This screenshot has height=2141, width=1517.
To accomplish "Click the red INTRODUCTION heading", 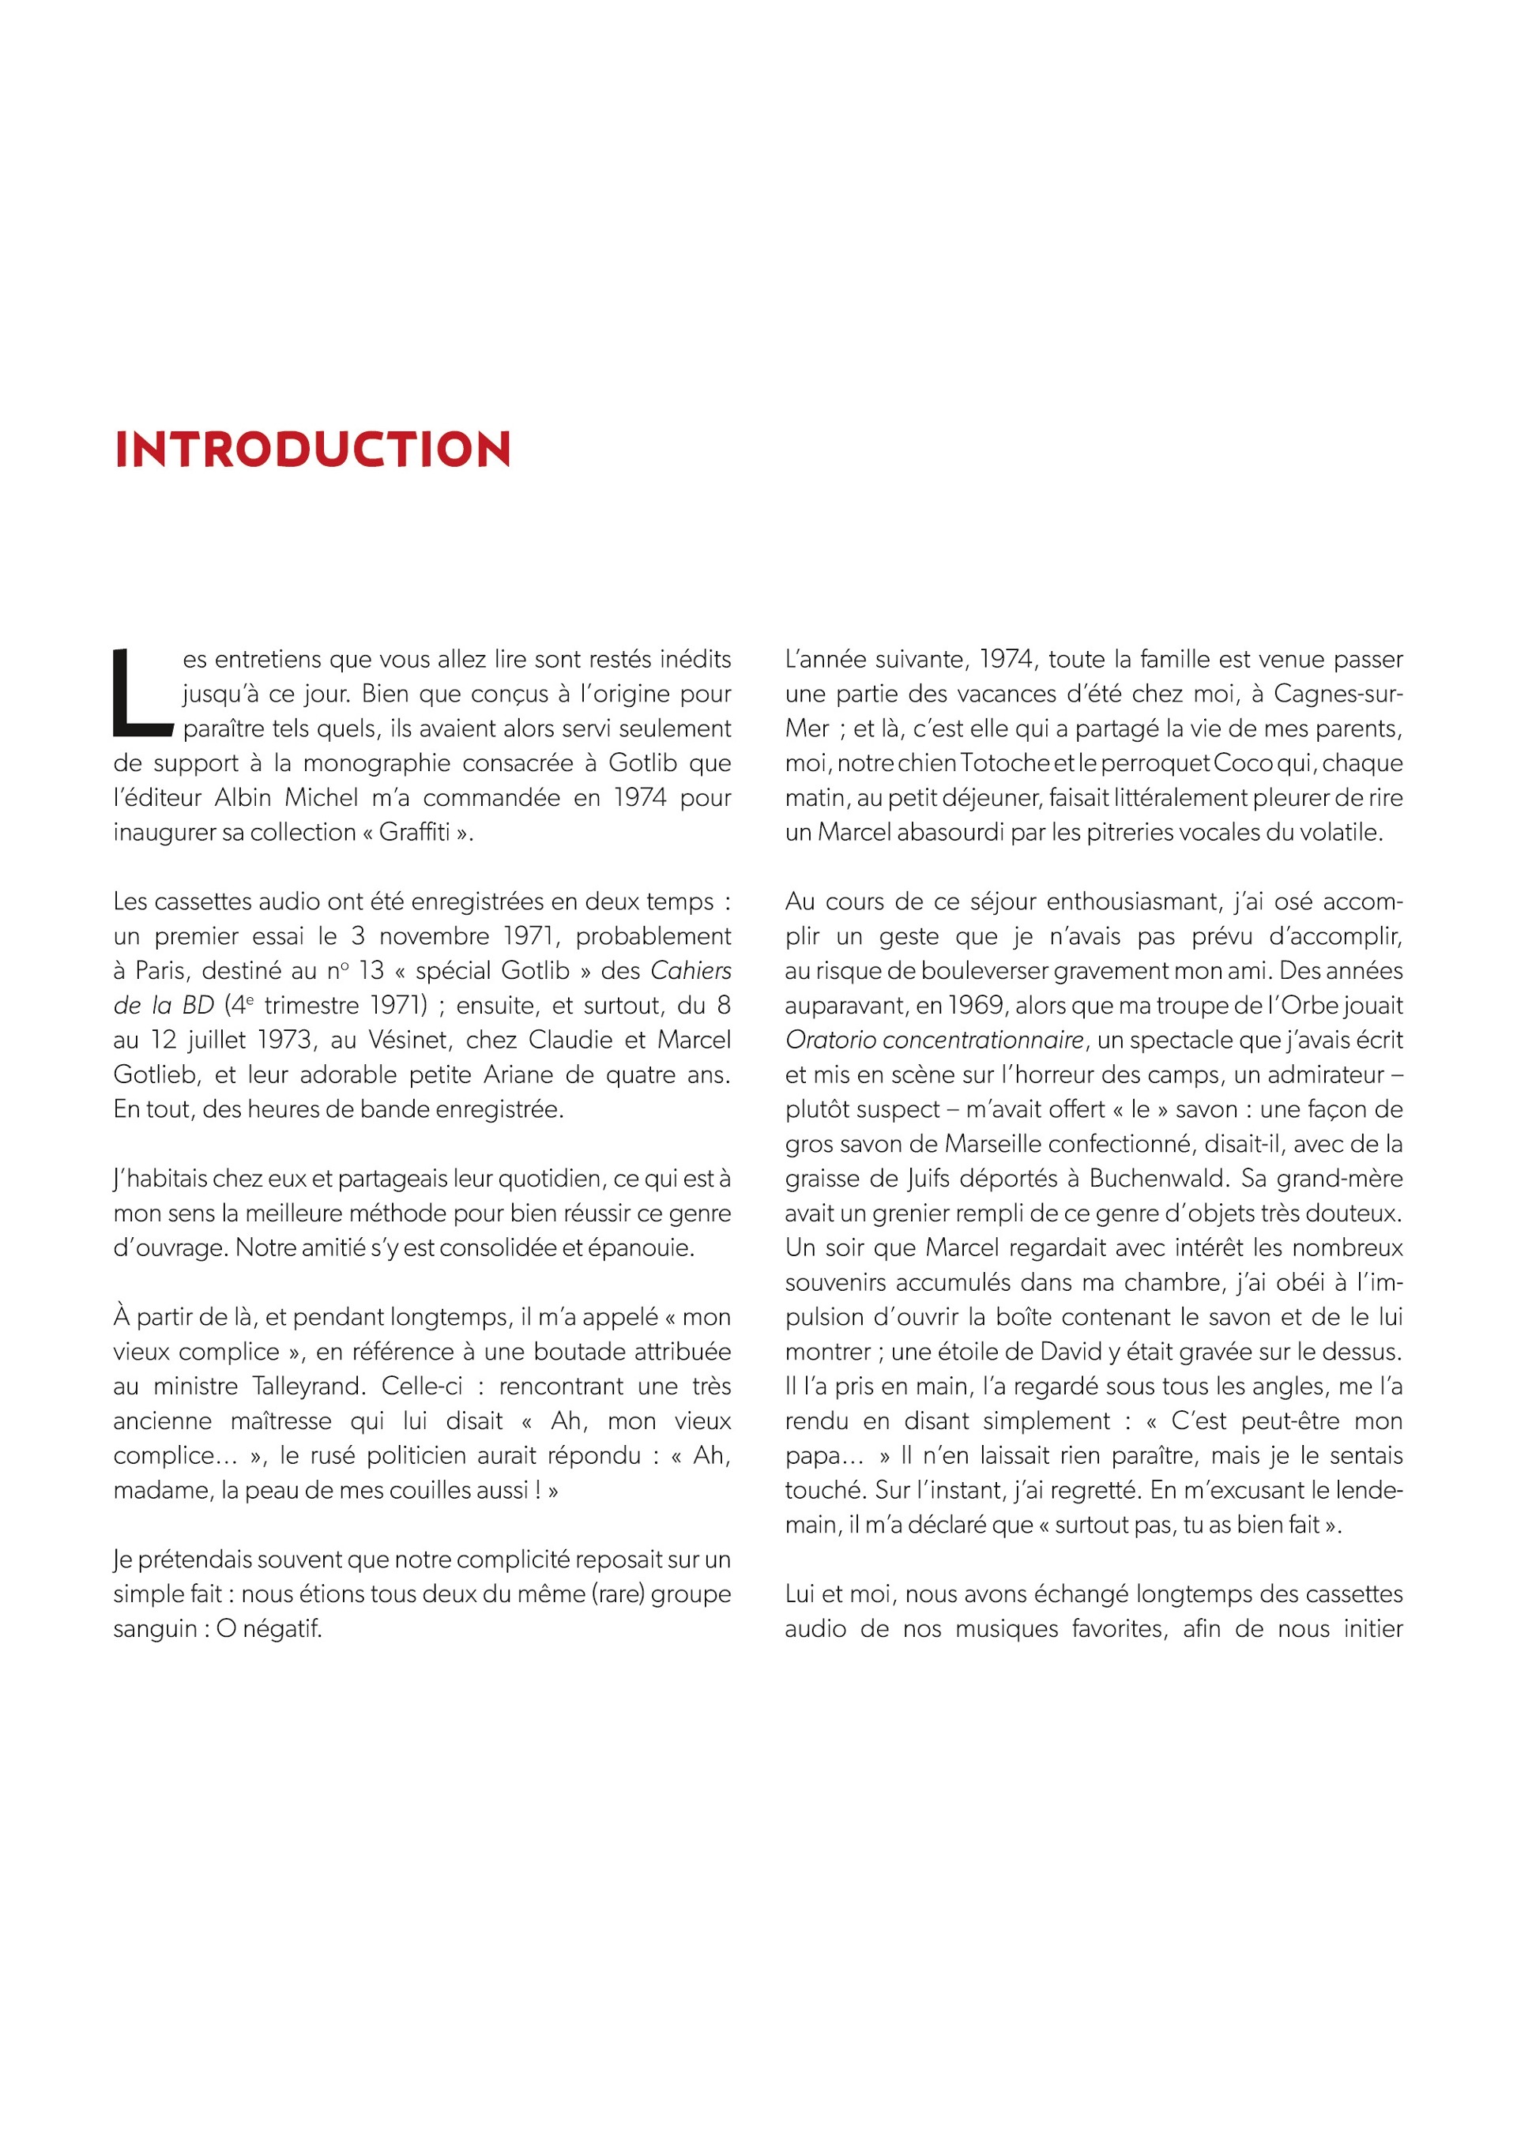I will click(x=312, y=450).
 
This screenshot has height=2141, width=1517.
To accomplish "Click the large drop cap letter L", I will click(x=142, y=692).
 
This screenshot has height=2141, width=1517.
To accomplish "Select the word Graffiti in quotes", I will click(x=414, y=831).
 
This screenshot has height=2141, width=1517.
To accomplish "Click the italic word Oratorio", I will click(x=831, y=1040).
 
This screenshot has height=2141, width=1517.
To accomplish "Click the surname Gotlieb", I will click(x=156, y=1074).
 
